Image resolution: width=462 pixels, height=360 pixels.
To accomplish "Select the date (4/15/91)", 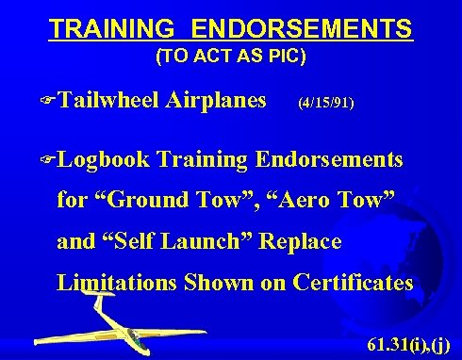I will [326, 101].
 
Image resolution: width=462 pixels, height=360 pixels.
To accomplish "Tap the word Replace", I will [300, 240].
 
